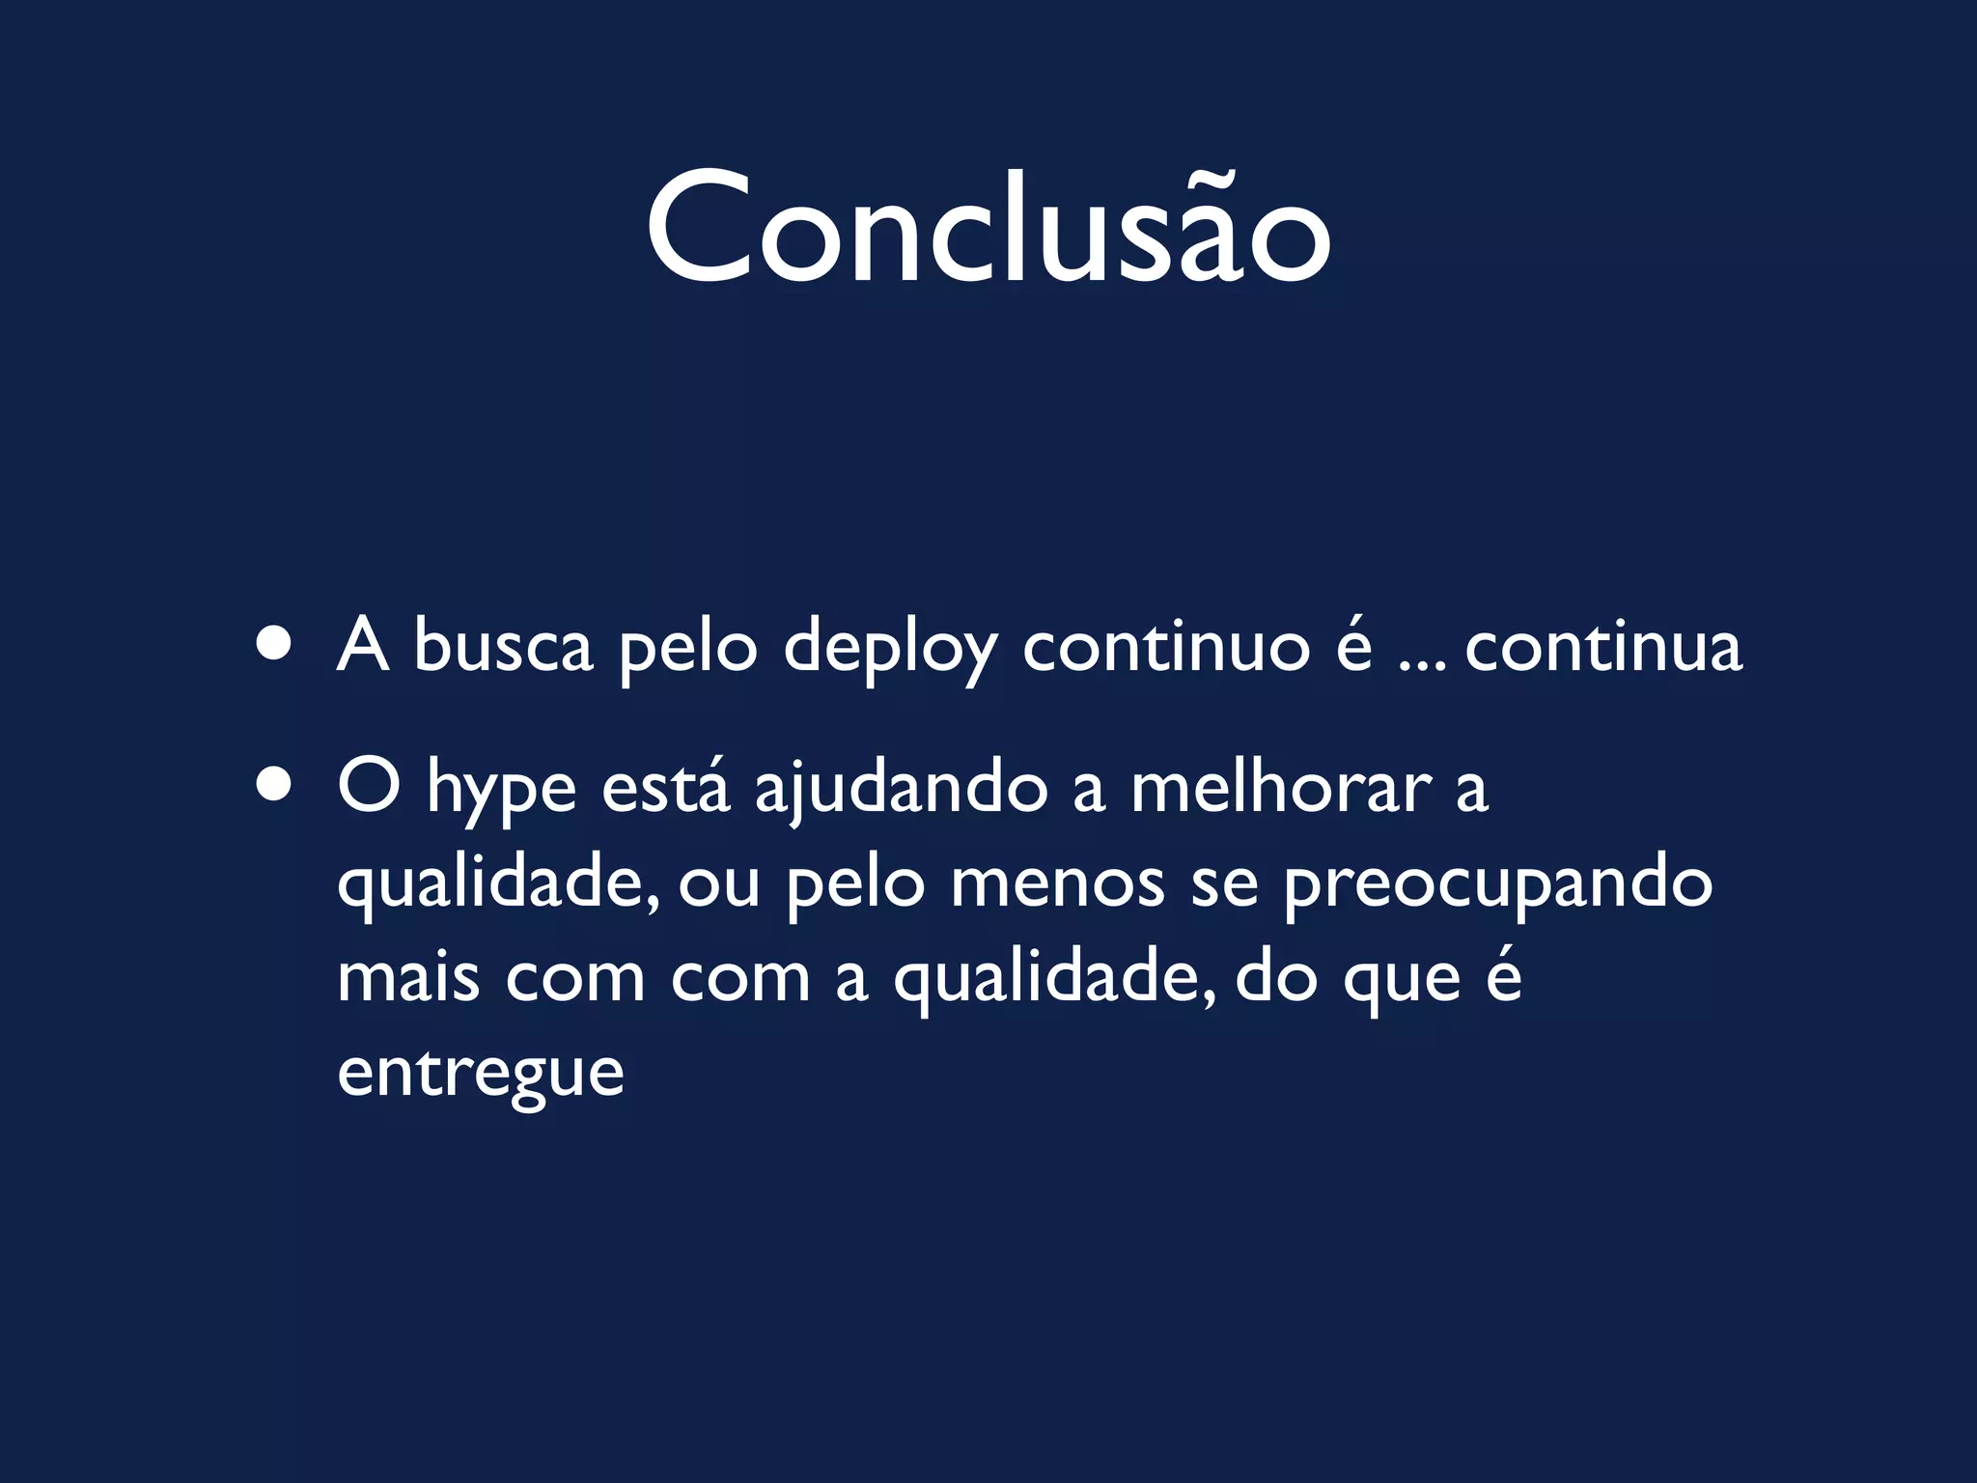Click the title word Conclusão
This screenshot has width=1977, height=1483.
click(988, 230)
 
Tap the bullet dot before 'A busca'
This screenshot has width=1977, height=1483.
click(275, 645)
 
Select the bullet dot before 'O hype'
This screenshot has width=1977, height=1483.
click(275, 786)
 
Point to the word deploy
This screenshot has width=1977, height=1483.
click(890, 649)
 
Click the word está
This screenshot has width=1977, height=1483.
click(666, 786)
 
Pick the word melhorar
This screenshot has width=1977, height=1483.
click(1280, 786)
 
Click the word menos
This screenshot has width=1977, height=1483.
click(1057, 882)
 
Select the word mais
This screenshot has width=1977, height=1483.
click(407, 977)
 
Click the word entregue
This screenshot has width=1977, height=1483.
click(481, 1074)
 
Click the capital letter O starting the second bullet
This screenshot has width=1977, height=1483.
click(369, 786)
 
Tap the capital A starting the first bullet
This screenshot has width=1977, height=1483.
click(363, 645)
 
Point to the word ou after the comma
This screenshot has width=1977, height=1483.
click(718, 884)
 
